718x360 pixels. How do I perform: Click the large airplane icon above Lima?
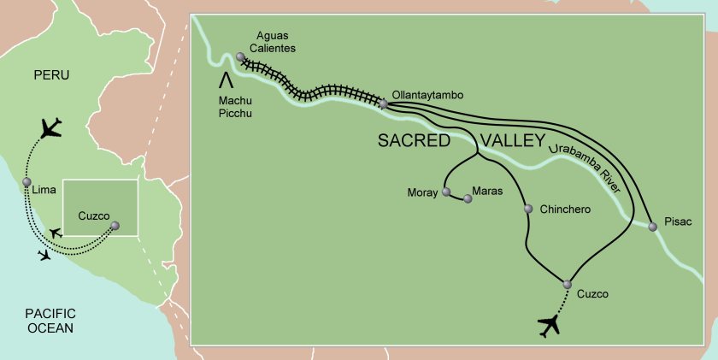tap(52, 129)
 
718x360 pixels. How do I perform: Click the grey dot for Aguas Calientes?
tap(240, 56)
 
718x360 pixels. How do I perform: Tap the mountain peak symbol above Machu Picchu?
tap(227, 80)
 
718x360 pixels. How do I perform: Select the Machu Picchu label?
tap(231, 105)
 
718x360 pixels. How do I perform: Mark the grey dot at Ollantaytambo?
tap(384, 103)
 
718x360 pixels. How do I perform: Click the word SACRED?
tap(414, 142)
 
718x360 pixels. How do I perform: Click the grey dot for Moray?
tap(445, 192)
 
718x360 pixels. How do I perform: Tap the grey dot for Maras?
tap(468, 199)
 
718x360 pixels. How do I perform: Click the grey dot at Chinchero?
tap(528, 209)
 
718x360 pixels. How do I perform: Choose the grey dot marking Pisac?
tap(654, 225)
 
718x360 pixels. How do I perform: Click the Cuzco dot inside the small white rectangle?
tap(115, 226)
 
